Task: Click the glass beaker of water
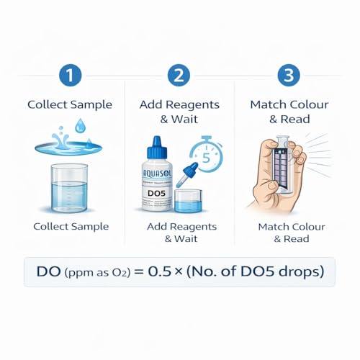(70, 189)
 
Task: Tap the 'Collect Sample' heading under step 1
(70, 104)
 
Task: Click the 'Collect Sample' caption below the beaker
(70, 226)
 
